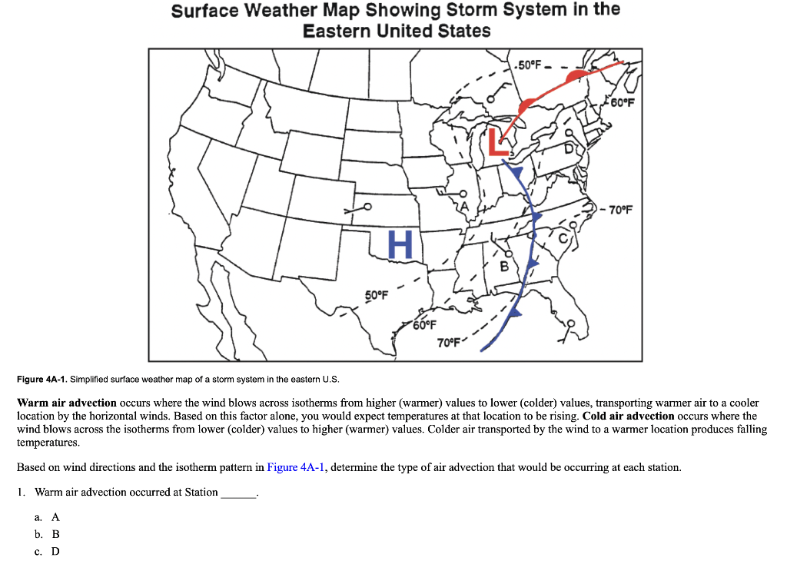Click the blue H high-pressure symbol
(400, 244)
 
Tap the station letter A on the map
(463, 207)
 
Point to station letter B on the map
(504, 267)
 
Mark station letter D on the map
(569, 149)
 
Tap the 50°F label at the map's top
(529, 63)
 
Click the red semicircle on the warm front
(528, 106)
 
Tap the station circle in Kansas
(367, 206)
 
